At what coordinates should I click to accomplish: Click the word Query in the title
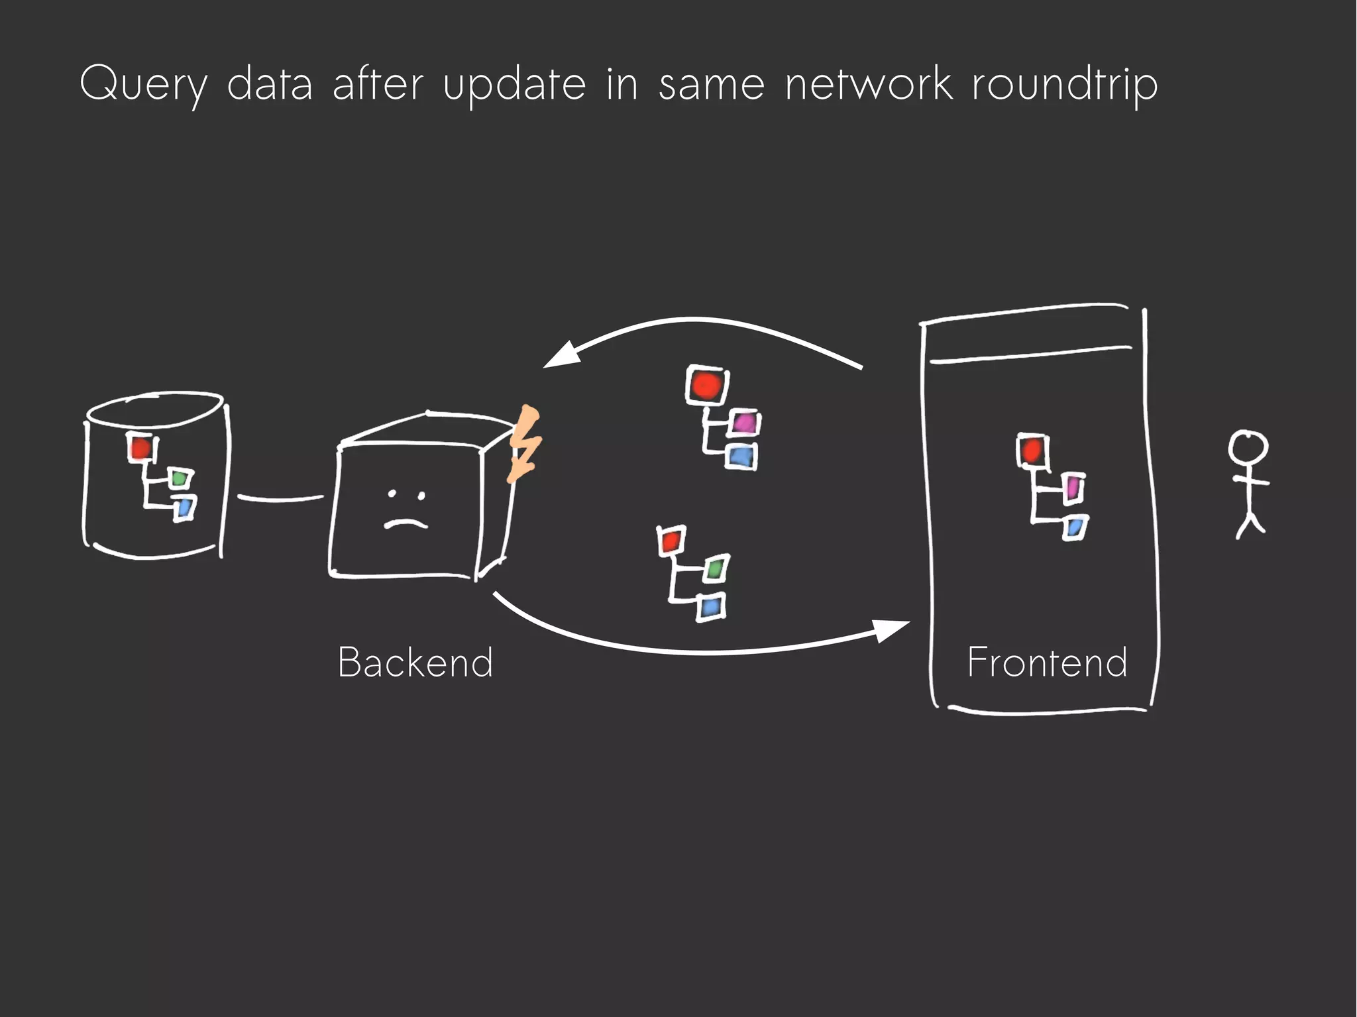click(143, 85)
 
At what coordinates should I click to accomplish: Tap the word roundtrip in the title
click(1065, 85)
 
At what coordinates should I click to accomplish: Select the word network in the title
click(869, 85)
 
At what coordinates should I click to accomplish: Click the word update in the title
click(514, 85)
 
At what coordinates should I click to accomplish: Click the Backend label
click(415, 662)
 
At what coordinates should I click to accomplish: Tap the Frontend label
click(1047, 662)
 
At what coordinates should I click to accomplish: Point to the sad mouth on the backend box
click(406, 523)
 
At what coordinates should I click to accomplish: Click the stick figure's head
click(1248, 449)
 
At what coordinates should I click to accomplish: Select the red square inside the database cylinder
click(140, 449)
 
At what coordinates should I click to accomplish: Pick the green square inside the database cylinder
click(179, 478)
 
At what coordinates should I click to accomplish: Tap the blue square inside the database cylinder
click(184, 509)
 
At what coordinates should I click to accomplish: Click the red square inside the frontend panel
click(1032, 452)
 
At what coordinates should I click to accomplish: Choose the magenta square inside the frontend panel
click(1073, 488)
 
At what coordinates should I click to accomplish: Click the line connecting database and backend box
click(280, 498)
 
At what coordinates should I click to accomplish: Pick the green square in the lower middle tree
click(715, 568)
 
